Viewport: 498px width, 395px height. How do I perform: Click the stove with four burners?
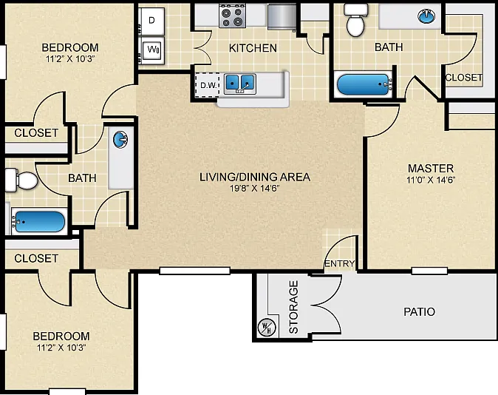tap(233, 16)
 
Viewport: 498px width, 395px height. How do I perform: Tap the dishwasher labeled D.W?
tap(208, 85)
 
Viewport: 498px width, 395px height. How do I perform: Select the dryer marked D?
tap(152, 21)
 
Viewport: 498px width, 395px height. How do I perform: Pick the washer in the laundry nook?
tap(153, 50)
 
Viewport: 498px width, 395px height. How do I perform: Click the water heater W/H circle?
tap(267, 328)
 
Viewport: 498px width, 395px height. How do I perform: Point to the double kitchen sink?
tap(240, 84)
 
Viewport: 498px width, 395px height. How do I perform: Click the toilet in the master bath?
tap(355, 20)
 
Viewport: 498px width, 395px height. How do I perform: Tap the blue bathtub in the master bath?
tap(364, 84)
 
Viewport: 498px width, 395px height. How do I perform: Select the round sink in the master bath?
tap(426, 16)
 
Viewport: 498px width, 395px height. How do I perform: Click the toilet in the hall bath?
tap(21, 180)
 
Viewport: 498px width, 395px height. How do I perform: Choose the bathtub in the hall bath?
tap(38, 221)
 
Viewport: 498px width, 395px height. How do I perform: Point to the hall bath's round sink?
tap(120, 140)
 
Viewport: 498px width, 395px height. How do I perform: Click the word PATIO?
tap(419, 311)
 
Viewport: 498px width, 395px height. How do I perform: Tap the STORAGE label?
tap(294, 307)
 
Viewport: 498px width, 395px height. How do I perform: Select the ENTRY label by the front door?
tap(340, 263)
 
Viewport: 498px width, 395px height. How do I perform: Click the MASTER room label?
tap(431, 168)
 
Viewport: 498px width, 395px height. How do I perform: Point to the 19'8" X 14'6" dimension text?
tap(254, 189)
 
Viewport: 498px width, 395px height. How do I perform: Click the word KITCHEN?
tap(253, 48)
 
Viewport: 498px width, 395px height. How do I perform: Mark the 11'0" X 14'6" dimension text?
tap(431, 180)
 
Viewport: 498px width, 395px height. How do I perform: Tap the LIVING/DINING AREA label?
tap(255, 177)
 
